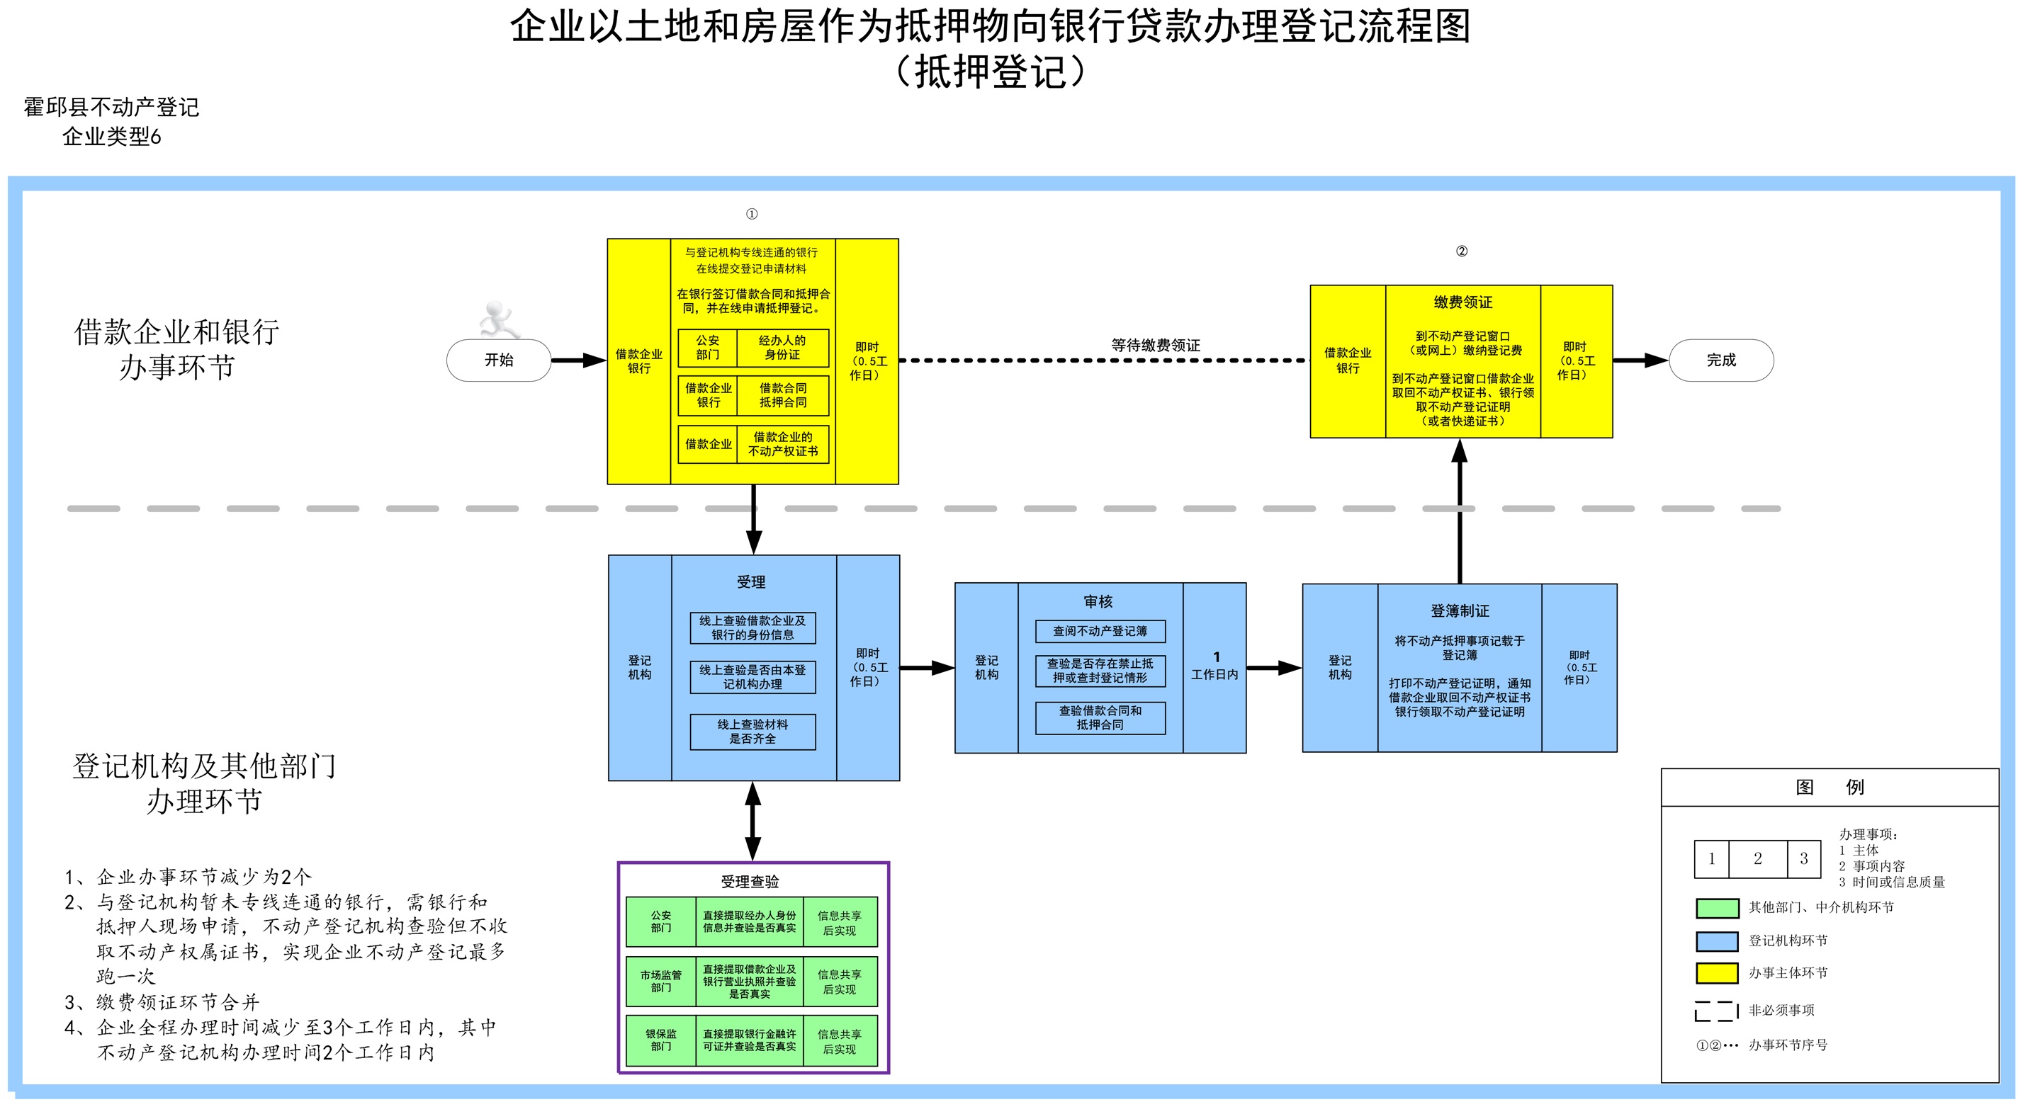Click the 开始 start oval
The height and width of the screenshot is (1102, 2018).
click(x=499, y=360)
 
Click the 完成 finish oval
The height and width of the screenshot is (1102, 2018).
click(x=1721, y=360)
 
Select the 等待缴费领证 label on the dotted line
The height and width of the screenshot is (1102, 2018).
click(x=1156, y=345)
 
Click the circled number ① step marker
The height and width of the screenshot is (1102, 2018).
click(x=751, y=214)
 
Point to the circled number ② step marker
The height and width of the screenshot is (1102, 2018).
click(x=1461, y=251)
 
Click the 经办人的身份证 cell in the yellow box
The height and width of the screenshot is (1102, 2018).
click(x=782, y=348)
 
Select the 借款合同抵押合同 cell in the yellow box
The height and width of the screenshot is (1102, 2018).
click(x=782, y=394)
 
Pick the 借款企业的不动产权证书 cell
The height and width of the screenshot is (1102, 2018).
click(x=782, y=444)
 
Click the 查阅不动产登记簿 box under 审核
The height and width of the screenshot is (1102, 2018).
click(x=1100, y=631)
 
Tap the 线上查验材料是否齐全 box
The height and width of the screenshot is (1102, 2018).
click(x=752, y=732)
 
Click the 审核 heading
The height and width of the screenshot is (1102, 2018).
click(x=1098, y=601)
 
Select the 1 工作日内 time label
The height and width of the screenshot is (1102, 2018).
click(x=1215, y=666)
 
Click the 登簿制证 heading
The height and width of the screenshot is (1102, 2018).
click(x=1460, y=611)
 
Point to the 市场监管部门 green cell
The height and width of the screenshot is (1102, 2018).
click(x=661, y=982)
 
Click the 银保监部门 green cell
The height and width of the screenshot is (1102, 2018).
click(x=661, y=1040)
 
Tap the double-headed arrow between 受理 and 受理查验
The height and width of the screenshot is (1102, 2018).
click(x=752, y=822)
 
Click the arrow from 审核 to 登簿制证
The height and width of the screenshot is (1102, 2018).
click(x=1274, y=668)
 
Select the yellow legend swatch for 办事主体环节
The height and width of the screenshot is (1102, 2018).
click(x=1717, y=973)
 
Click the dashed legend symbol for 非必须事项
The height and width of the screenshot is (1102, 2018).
click(x=1717, y=1011)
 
